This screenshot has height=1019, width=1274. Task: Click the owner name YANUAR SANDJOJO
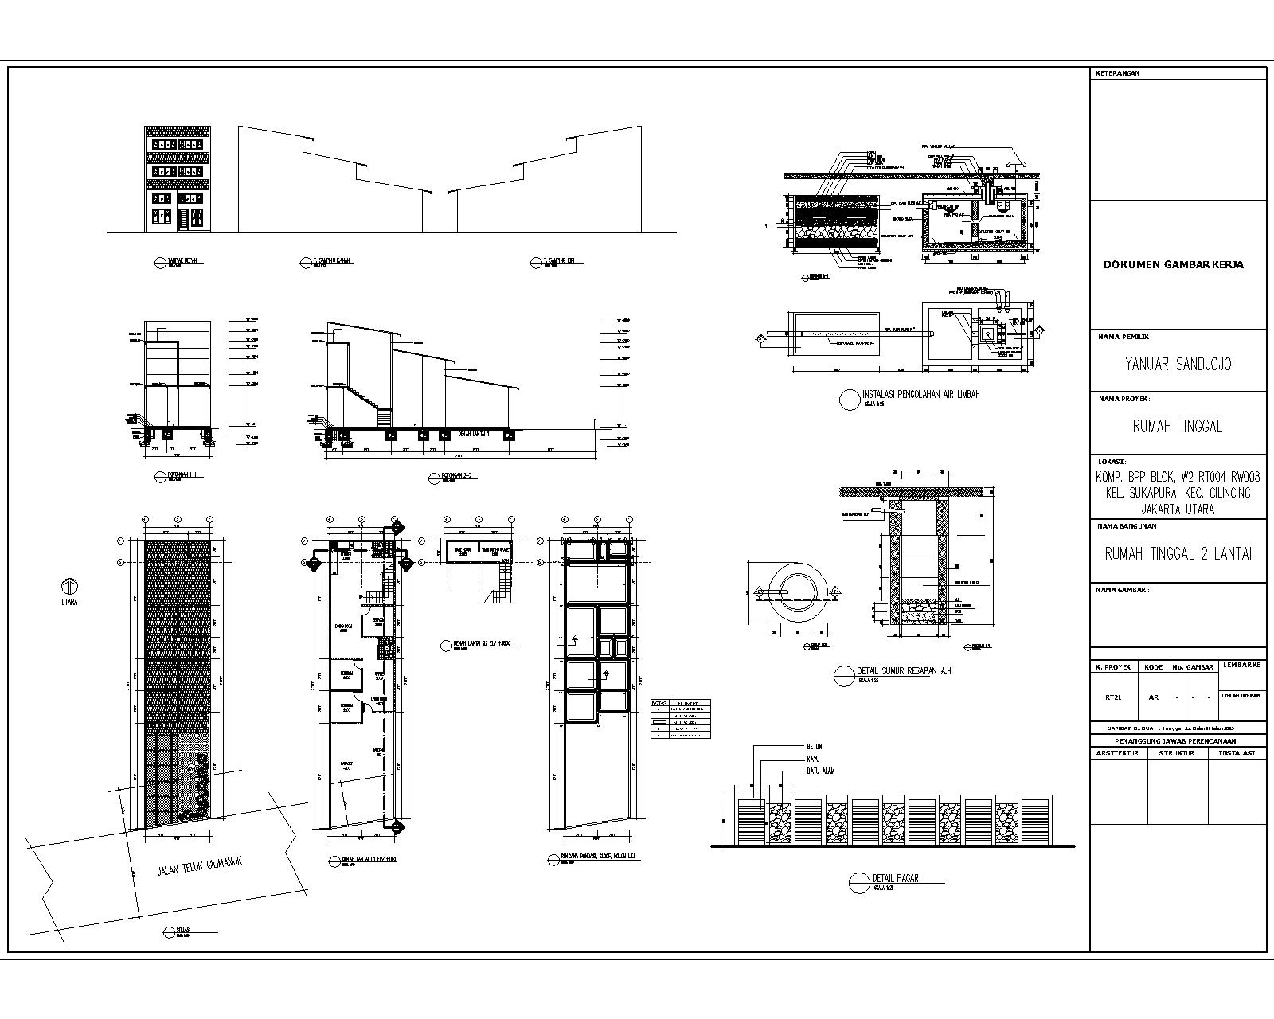click(x=1178, y=364)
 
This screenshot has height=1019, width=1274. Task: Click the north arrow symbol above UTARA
click(x=68, y=587)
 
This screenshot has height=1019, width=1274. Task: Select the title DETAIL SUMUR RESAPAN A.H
click(x=904, y=671)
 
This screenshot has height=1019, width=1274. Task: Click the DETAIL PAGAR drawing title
click(x=896, y=878)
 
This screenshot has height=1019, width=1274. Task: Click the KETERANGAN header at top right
click(x=1118, y=73)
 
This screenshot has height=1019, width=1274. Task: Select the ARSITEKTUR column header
click(x=1118, y=752)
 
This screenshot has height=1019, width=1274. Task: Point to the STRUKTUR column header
click(x=1177, y=752)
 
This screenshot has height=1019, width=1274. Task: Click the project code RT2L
click(x=1113, y=697)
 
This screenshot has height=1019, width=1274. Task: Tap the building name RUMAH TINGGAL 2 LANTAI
click(x=1178, y=554)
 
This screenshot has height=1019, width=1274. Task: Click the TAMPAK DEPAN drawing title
click(x=182, y=260)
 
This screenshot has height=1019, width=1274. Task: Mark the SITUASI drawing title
click(x=182, y=930)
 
